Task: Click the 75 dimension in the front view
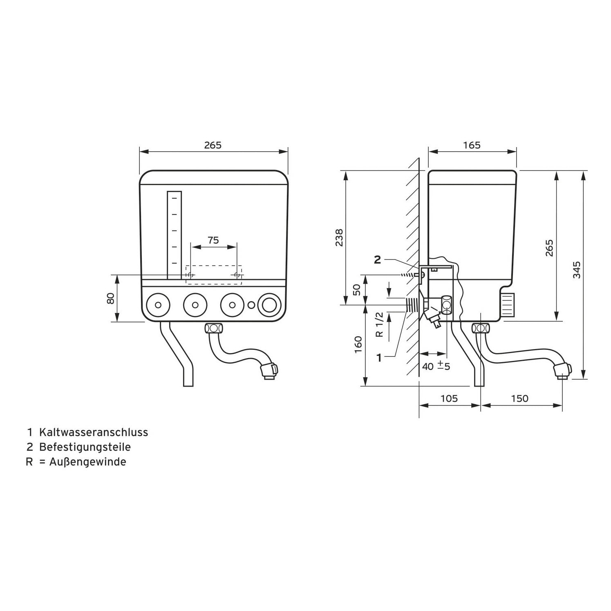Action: tap(213, 240)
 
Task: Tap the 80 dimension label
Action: tap(110, 298)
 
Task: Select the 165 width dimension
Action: tap(472, 145)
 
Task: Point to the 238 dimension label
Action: tap(339, 237)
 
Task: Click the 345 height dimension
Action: tap(576, 270)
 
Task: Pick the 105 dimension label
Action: tap(449, 398)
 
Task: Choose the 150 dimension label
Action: tap(519, 398)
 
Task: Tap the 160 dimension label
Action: tap(358, 345)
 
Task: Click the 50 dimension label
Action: tap(357, 290)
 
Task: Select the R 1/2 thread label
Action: tap(379, 325)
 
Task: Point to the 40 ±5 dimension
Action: tap(436, 366)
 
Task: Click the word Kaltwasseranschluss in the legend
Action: tap(94, 432)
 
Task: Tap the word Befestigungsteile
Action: tap(85, 447)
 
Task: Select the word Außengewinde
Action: tap(88, 462)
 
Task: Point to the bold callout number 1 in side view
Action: tap(379, 358)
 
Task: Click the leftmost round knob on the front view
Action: tap(158, 305)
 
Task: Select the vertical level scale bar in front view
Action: tap(174, 235)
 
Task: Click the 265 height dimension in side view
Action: tap(549, 248)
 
